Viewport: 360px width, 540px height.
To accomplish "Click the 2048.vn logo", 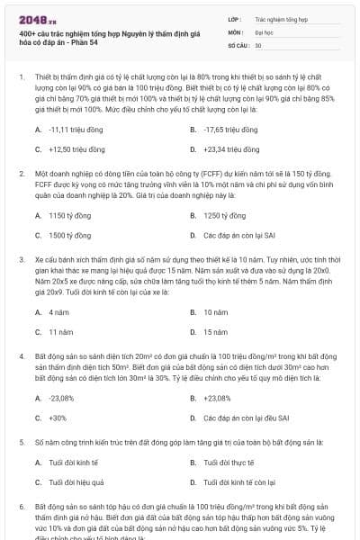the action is tap(36, 19).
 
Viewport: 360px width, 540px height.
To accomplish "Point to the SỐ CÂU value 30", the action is tap(258, 44).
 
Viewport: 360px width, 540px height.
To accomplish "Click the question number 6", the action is tap(22, 508).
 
